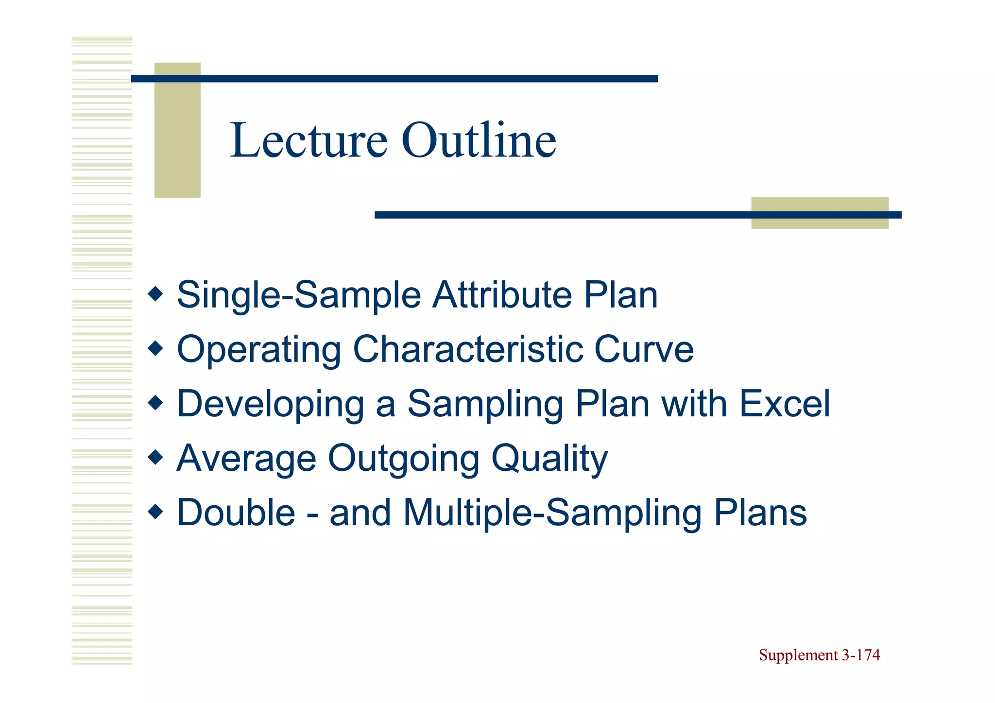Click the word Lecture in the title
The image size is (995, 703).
click(x=309, y=140)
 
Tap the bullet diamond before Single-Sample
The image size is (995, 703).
click(x=155, y=294)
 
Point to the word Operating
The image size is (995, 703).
click(x=259, y=350)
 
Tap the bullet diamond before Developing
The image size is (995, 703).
click(x=155, y=403)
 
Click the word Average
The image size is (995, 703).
click(x=246, y=458)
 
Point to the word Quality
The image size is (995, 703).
click(x=549, y=458)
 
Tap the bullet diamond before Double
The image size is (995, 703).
click(x=155, y=512)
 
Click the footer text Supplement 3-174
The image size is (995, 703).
click(x=819, y=655)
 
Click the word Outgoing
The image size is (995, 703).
click(x=404, y=458)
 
